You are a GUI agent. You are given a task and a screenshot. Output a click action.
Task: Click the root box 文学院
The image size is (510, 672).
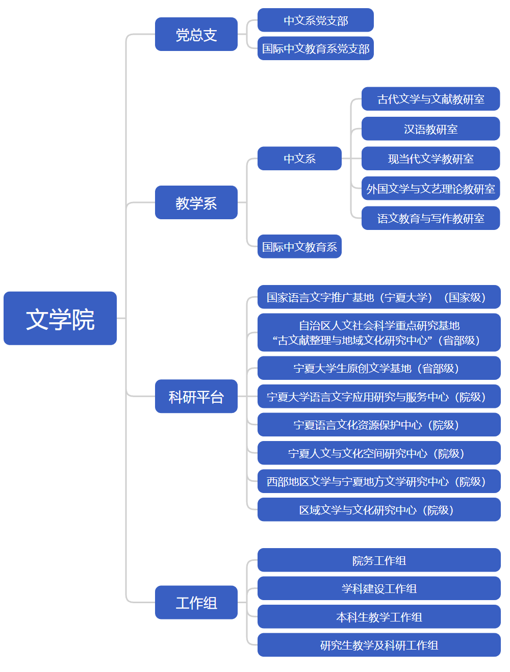60,318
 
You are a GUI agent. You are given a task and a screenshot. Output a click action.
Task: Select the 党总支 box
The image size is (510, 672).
196,34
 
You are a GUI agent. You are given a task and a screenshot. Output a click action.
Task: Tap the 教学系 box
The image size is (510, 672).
196,202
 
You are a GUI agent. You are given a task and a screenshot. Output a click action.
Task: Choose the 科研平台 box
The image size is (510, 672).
196,396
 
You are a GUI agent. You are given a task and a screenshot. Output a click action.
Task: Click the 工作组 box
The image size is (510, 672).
196,602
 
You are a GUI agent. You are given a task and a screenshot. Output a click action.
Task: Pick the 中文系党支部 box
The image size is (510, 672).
316,20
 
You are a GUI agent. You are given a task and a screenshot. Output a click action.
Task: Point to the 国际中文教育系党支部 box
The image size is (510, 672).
316,48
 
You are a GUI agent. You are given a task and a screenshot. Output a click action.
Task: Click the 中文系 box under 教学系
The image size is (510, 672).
299,159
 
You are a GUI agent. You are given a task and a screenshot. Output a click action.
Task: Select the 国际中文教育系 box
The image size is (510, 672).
299,247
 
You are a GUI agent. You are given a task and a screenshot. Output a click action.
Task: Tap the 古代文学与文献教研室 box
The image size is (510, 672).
430,99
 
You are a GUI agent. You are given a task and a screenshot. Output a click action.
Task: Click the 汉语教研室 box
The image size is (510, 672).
430,129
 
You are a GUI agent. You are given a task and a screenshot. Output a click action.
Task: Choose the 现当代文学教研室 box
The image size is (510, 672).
430,159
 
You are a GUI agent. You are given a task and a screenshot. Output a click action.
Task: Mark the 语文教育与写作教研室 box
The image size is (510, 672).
430,218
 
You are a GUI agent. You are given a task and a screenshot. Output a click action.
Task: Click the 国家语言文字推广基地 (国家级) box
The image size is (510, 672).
379,297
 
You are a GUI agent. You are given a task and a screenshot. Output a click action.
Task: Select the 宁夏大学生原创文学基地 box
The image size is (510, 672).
379,368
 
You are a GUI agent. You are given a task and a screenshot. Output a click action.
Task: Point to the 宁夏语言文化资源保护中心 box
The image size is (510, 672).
379,425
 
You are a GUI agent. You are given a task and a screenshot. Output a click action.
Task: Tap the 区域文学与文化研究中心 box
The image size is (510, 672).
379,510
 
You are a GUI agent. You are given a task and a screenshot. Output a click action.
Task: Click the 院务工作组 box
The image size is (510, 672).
379,560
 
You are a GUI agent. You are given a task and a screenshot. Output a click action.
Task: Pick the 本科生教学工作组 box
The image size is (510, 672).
379,617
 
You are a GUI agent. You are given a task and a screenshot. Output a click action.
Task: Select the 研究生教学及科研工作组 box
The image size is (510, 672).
379,645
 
